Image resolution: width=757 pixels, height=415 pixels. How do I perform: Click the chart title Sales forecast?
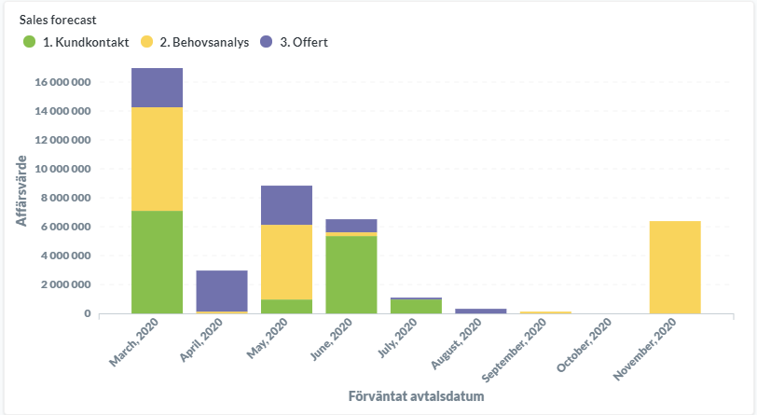pos(58,19)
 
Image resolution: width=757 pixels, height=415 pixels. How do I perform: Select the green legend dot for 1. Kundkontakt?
pos(29,42)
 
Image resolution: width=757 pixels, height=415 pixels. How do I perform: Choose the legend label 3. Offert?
pos(303,42)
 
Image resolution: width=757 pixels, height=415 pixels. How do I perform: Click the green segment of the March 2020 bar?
pos(157,261)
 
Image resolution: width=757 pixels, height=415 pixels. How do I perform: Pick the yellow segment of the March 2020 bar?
pos(157,159)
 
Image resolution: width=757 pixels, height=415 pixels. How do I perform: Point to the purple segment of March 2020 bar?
pos(157,88)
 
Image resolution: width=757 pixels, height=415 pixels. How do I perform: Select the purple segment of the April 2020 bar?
pos(221,290)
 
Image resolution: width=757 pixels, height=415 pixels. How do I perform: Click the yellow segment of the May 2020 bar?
pos(285,262)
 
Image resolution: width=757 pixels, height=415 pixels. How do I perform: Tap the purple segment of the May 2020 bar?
pos(285,205)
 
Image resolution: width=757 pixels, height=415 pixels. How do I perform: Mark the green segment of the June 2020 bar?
pos(351,274)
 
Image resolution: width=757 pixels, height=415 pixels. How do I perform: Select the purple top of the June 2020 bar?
pos(351,226)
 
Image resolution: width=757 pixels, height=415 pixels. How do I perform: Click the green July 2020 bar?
pos(415,307)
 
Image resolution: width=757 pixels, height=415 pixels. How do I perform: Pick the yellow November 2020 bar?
pos(674,267)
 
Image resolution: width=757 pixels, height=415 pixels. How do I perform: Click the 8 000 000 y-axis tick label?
pos(62,198)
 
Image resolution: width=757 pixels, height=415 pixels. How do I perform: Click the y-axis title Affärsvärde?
pos(21,190)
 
